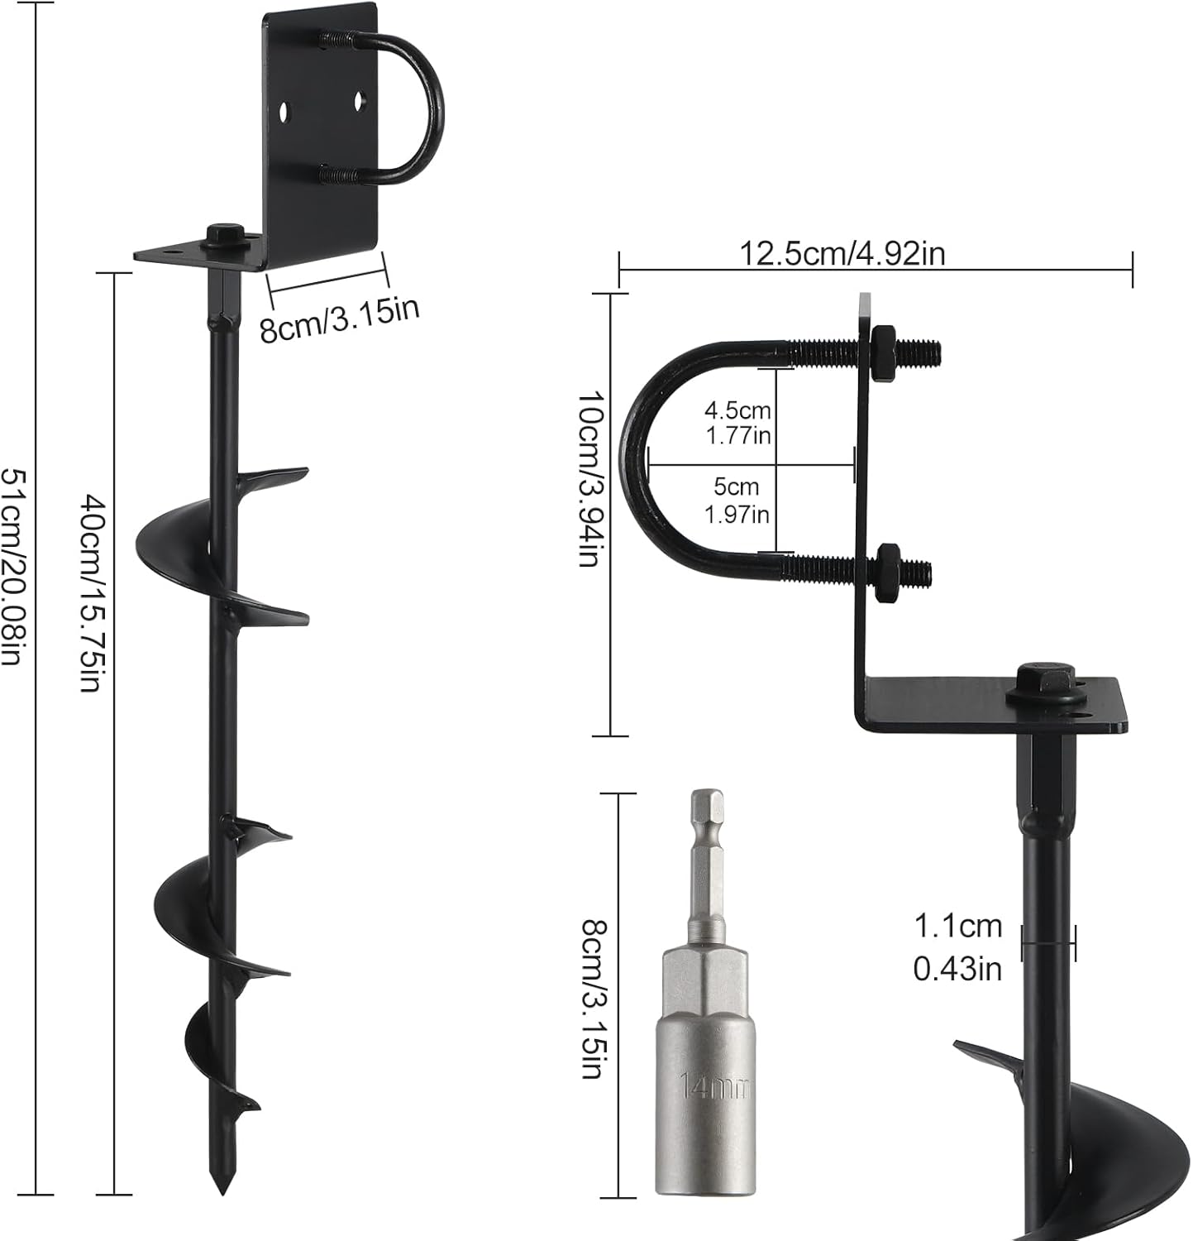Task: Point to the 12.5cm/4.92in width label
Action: coord(842,253)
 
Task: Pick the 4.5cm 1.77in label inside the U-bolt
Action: coord(737,422)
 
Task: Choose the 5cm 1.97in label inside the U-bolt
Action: coord(737,501)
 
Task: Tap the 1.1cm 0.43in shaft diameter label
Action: coord(957,947)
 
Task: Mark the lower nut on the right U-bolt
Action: coord(889,568)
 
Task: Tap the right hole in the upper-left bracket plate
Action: coord(360,101)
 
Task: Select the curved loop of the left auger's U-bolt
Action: coord(430,108)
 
